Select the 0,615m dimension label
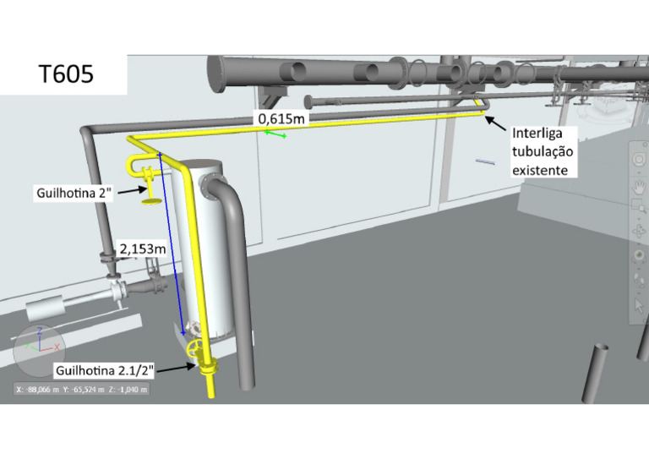(281, 119)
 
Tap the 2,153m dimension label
(143, 249)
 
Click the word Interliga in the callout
(543, 134)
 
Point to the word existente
(545, 170)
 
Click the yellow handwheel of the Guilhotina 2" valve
(152, 200)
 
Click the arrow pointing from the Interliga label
(496, 125)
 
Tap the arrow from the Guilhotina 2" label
(128, 192)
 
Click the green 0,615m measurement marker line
(275, 134)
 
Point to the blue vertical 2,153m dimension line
(172, 245)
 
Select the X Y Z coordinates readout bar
(82, 390)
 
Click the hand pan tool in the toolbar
(640, 183)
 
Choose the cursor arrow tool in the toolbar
(640, 305)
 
